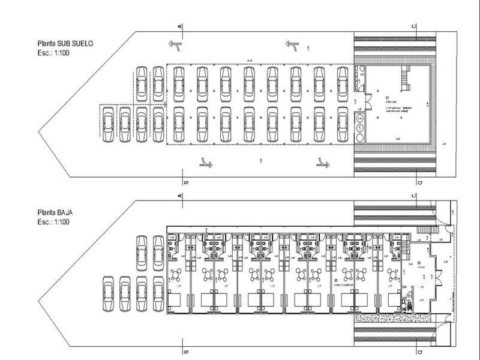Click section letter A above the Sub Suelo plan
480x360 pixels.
(x=181, y=27)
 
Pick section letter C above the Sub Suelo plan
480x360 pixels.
(x=415, y=27)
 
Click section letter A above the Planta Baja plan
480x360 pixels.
(x=181, y=196)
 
